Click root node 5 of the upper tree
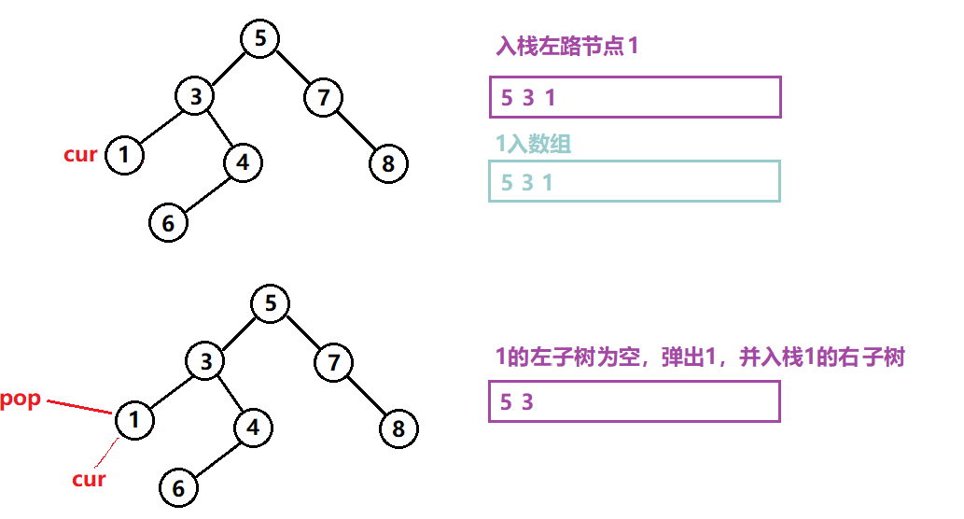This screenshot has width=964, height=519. click(x=260, y=38)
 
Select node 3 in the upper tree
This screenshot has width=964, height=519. click(x=196, y=96)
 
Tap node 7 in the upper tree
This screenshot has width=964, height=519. click(x=324, y=96)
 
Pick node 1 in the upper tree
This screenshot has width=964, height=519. click(x=125, y=155)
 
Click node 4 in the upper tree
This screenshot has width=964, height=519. click(x=243, y=161)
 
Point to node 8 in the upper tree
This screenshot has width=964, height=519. click(x=388, y=164)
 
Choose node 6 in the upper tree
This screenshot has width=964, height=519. click(x=168, y=224)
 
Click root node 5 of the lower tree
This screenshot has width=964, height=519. click(x=271, y=304)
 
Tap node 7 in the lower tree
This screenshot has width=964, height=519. click(x=333, y=362)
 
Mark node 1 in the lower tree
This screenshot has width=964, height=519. click(x=134, y=420)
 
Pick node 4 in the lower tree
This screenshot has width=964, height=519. click(x=252, y=428)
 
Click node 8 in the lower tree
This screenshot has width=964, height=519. click(x=398, y=429)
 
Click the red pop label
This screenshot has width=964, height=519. click(x=21, y=400)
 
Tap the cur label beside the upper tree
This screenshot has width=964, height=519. click(x=80, y=155)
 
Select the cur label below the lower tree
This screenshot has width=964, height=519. click(x=89, y=480)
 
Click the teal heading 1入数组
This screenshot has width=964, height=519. click(x=534, y=144)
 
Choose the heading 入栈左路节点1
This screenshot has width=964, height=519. click(x=567, y=47)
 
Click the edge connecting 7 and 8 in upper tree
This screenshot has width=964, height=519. click(x=356, y=130)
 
